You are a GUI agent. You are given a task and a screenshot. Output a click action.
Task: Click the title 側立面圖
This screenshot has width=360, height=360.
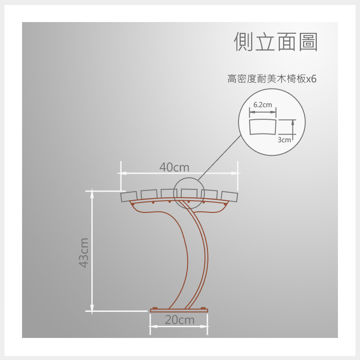coord(276,41)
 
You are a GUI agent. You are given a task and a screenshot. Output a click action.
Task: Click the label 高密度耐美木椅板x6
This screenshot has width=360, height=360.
coord(272,79)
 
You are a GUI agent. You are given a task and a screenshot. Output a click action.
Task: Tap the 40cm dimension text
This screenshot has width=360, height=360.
coord(175,167)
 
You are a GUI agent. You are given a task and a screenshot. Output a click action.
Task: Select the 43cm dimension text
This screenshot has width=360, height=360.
coord(84,253)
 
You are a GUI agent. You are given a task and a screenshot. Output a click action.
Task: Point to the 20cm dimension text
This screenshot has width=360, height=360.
coord(180,320)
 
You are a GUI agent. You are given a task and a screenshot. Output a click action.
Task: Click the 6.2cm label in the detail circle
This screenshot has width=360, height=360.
coord(263,105)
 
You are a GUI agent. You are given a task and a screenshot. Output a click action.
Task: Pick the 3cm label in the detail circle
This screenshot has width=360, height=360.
coord(284,140)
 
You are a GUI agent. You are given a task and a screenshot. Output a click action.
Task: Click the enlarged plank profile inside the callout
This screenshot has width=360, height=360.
coord(263,126)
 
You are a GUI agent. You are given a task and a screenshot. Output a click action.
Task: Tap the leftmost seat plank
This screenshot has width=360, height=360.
coord(129,197)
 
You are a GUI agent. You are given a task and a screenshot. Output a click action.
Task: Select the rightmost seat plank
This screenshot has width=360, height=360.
coord(229,197)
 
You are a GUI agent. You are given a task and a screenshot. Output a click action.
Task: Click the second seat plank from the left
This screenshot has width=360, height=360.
coord(149,194)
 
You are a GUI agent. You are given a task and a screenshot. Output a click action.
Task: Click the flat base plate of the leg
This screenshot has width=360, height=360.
coord(179,310)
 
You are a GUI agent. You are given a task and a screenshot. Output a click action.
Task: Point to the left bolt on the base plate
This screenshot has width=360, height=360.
coord(155,308)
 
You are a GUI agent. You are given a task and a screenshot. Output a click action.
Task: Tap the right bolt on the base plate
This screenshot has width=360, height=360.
coord(203,308)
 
